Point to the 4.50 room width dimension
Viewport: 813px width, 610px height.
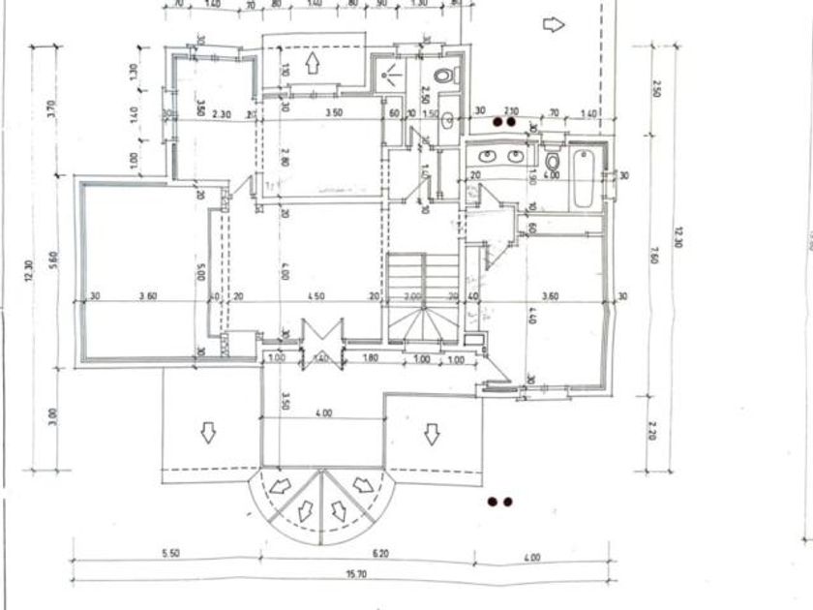tap(316, 297)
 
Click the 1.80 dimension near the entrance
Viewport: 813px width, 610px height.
tap(369, 358)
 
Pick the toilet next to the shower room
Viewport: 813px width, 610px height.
tap(443, 76)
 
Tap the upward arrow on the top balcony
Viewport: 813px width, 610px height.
tap(313, 64)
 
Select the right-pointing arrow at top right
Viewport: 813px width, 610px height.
tap(553, 24)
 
